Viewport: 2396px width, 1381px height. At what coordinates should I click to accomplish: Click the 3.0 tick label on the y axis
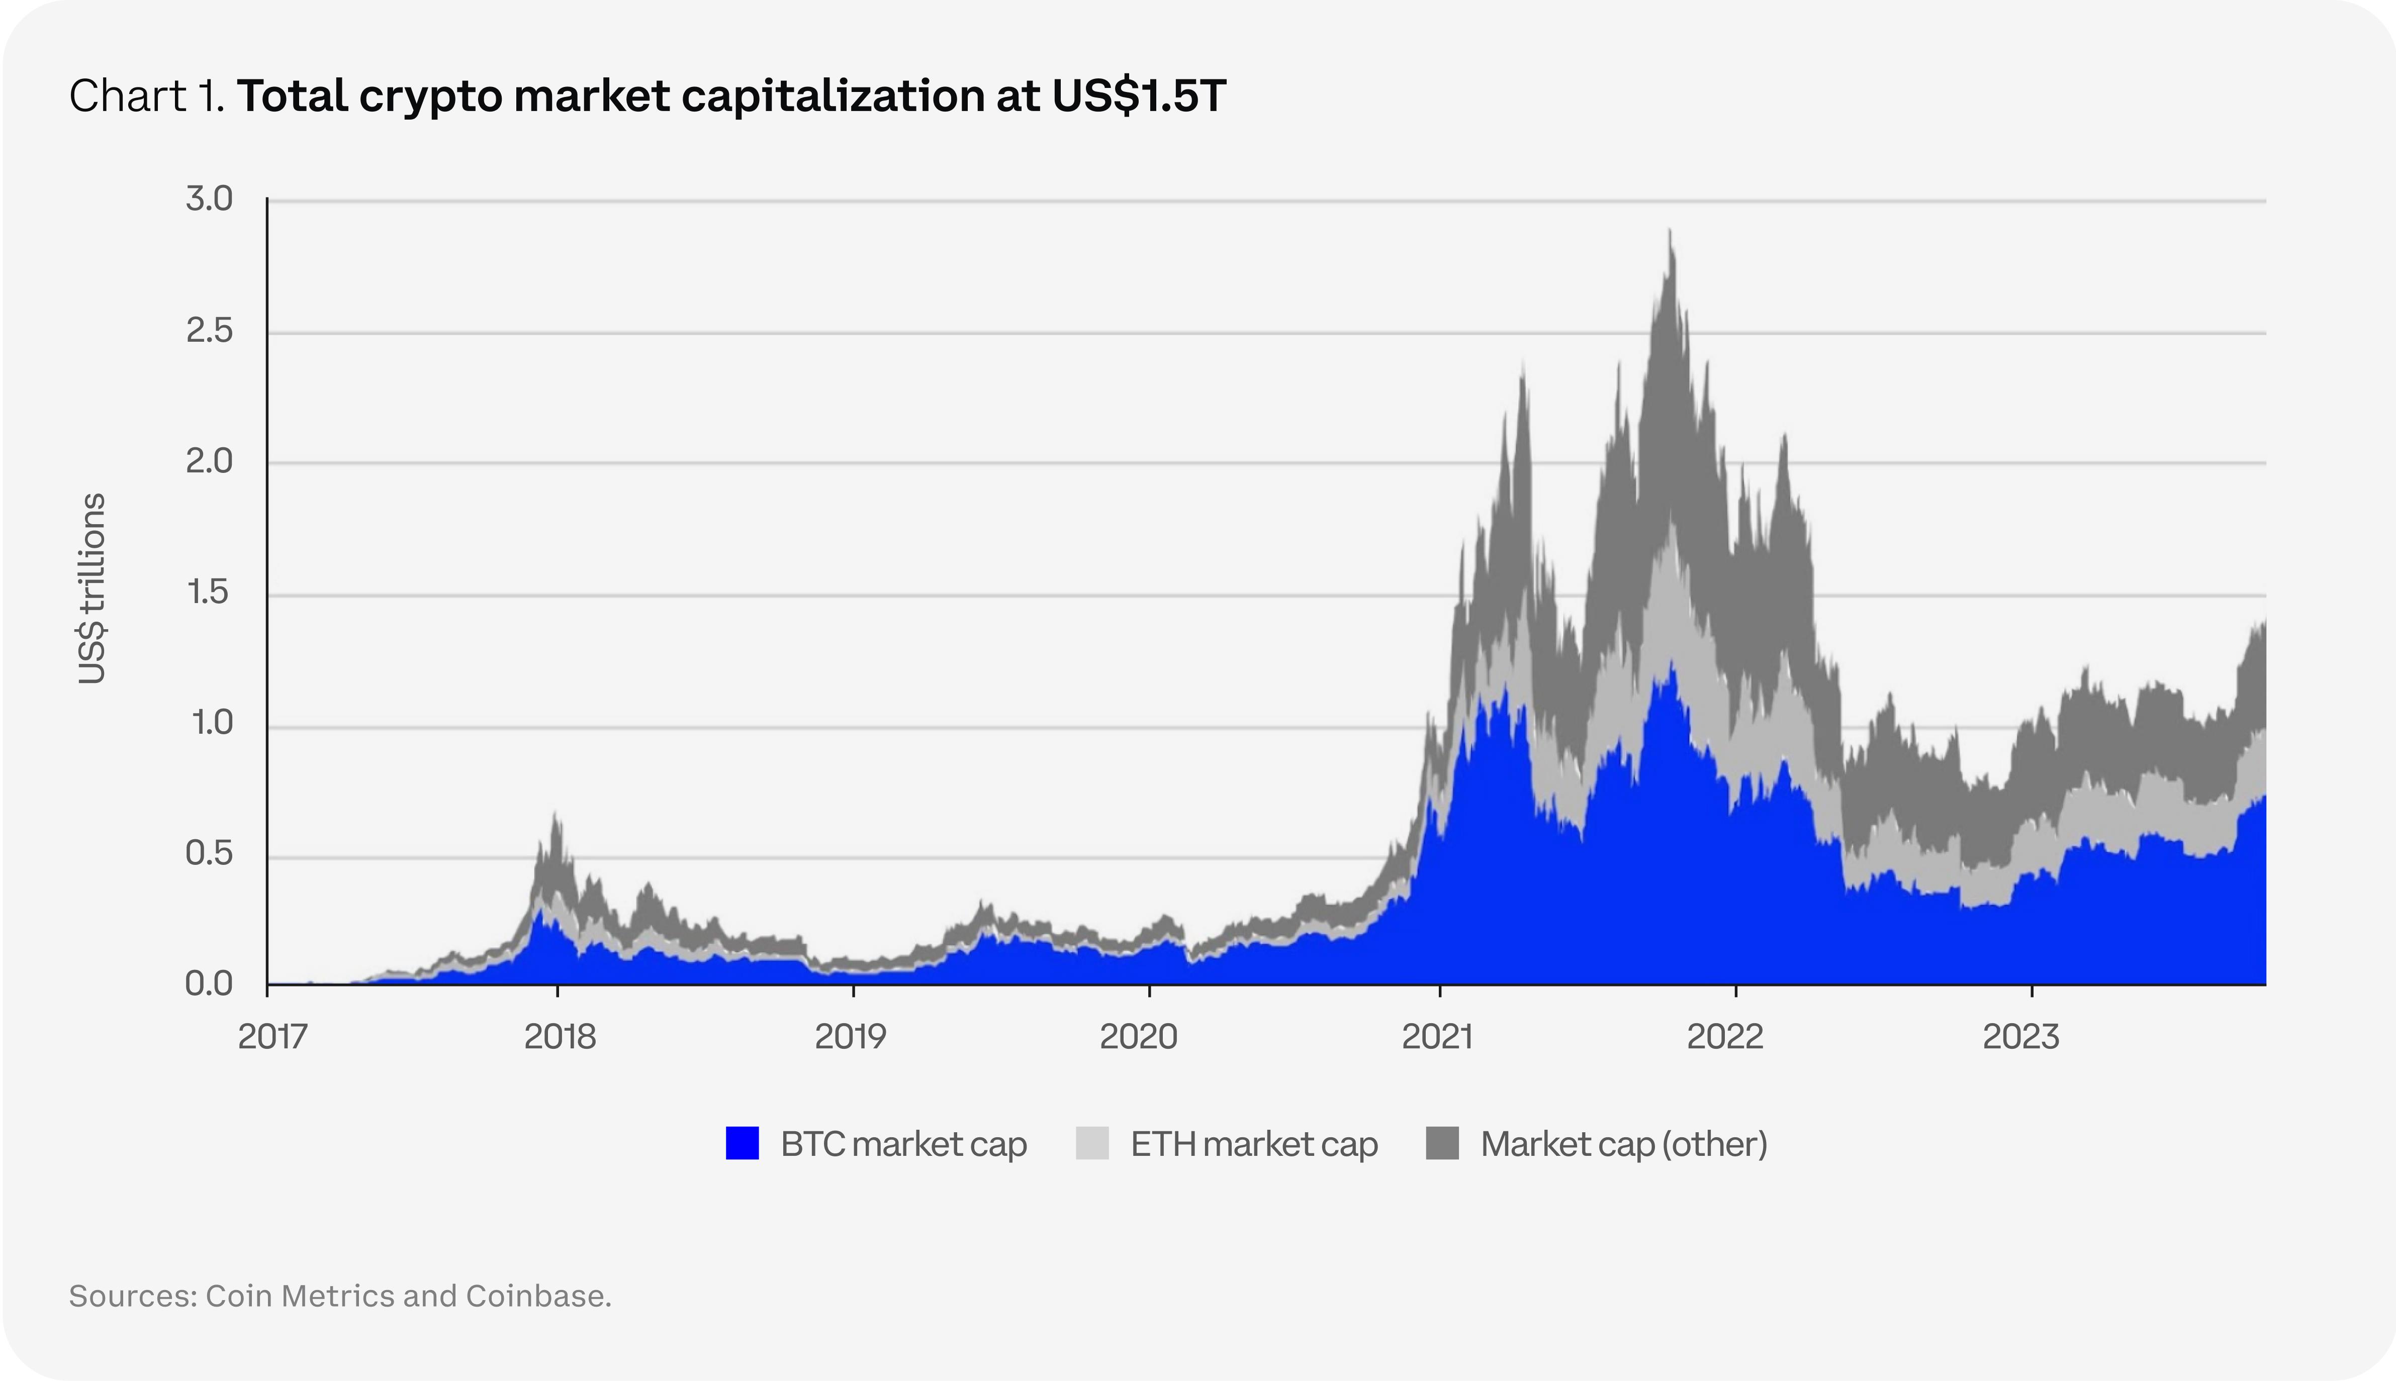coord(209,199)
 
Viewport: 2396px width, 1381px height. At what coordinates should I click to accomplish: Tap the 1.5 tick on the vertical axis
coord(209,593)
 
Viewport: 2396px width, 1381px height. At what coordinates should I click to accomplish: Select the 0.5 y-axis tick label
coord(209,854)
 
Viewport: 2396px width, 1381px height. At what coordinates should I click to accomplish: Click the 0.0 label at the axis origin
coord(209,984)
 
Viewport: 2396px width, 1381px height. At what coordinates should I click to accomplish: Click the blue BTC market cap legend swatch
coord(742,1143)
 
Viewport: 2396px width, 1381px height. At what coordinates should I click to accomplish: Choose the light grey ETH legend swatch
coord(1092,1143)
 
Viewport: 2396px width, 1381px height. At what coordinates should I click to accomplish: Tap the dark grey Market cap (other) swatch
coord(1442,1143)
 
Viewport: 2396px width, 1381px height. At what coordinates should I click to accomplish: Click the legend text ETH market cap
coord(1254,1144)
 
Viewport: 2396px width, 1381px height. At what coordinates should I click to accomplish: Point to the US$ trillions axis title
coord(92,588)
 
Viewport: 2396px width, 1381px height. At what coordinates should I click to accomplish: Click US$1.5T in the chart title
coord(1138,96)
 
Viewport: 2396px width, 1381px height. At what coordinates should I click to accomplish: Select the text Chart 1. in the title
coord(146,96)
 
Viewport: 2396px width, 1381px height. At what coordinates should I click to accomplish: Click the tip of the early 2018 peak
coord(556,812)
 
